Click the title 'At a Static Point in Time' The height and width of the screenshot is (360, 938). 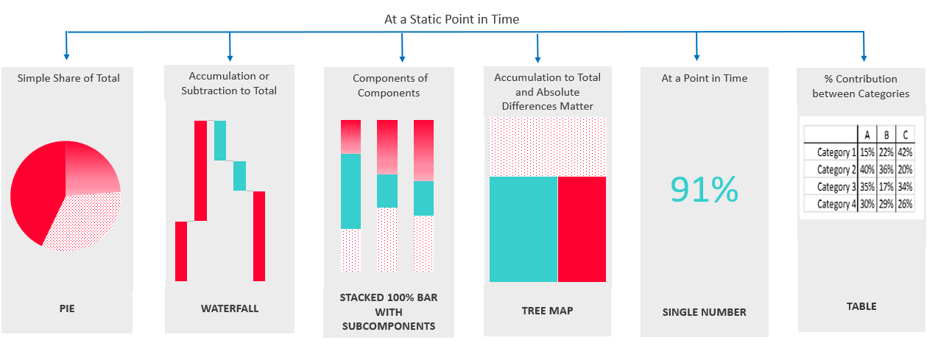point(451,19)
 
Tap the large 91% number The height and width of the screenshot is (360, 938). point(705,189)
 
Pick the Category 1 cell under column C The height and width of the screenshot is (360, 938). point(905,152)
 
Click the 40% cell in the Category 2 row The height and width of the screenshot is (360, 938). point(867,169)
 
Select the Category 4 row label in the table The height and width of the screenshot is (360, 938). point(836,204)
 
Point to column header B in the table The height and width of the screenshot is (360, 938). point(886,135)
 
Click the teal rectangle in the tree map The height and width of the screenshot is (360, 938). point(523,229)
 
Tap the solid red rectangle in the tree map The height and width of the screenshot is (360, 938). point(582,229)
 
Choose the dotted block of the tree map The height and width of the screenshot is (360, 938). point(547,147)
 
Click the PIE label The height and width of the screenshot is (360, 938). point(67,308)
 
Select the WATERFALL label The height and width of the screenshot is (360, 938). point(230,308)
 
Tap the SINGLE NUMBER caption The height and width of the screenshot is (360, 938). point(705,312)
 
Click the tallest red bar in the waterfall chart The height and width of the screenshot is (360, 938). point(200,170)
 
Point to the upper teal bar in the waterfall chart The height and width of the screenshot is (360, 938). point(220,140)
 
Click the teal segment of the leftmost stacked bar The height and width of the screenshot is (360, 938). point(350,191)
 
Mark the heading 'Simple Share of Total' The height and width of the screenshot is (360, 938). point(68,78)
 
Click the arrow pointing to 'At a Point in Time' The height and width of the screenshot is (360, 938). point(697,46)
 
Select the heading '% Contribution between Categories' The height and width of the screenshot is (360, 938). point(861,86)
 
